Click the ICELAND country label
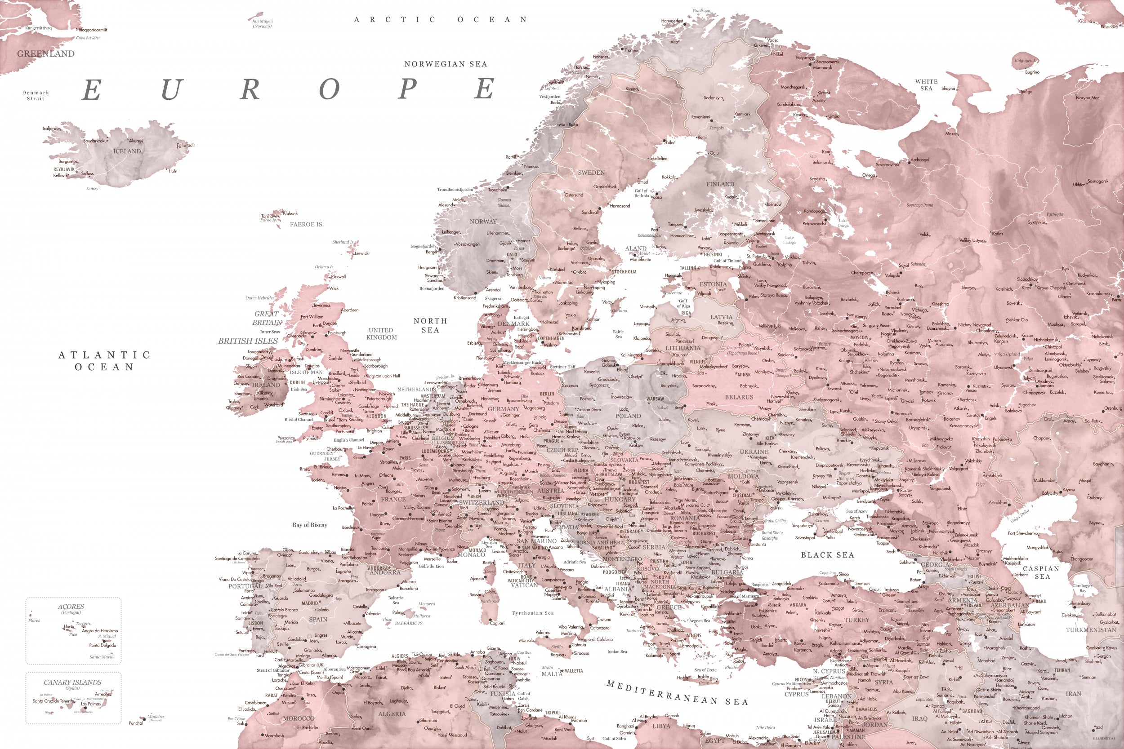click(127, 151)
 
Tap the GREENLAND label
click(46, 54)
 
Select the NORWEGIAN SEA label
click(446, 64)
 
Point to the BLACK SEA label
click(827, 555)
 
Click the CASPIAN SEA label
click(1041, 572)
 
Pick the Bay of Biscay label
click(310, 525)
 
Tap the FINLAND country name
click(720, 184)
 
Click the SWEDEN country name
click(591, 173)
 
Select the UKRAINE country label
click(754, 452)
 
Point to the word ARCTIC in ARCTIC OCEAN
click(395, 20)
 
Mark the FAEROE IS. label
click(306, 224)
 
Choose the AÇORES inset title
click(71, 607)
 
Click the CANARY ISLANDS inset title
click(73, 682)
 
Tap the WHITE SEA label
click(926, 84)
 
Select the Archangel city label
click(920, 160)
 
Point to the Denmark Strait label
click(36, 96)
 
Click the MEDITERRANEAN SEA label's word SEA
click(737, 702)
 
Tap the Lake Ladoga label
click(789, 240)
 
